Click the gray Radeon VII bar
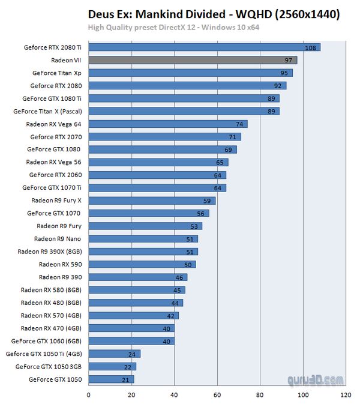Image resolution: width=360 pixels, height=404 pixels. coord(192,60)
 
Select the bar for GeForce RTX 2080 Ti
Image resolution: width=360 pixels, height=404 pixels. coord(204,47)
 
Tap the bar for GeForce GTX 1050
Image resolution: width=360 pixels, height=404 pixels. coord(111,379)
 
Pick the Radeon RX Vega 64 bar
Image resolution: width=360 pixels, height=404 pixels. coord(167,124)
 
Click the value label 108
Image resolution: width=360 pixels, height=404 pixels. coord(310,47)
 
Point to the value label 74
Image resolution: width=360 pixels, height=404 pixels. coord(241,124)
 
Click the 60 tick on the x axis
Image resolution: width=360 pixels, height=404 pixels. coord(217,395)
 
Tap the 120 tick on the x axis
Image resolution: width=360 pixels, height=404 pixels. coord(346,395)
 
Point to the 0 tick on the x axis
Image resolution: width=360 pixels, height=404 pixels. coord(89,395)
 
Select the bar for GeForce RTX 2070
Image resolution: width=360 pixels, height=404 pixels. coord(164,137)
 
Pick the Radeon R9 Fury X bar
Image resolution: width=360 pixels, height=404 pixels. coord(152,200)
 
